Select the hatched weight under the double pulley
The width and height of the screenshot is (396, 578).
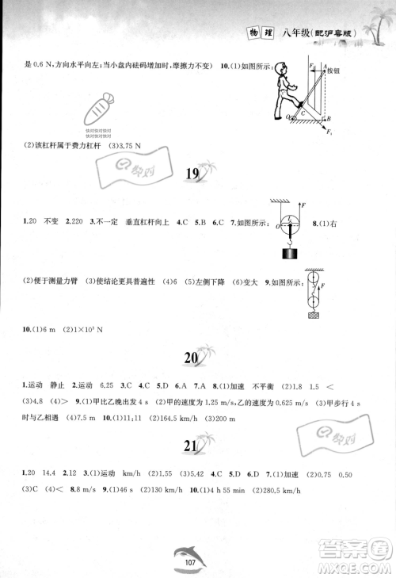click(315, 316)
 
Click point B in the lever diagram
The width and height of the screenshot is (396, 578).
click(329, 117)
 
